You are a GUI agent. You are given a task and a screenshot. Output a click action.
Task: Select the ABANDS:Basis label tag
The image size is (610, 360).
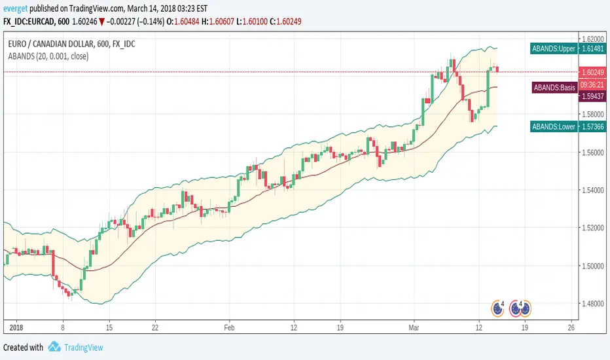pyautogui.click(x=554, y=87)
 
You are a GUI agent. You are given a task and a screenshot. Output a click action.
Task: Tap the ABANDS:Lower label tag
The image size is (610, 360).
pyautogui.click(x=553, y=126)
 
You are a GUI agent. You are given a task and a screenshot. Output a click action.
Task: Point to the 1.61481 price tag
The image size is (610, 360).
pyautogui.click(x=592, y=48)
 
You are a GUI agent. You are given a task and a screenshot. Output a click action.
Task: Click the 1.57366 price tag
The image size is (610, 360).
pyautogui.click(x=592, y=126)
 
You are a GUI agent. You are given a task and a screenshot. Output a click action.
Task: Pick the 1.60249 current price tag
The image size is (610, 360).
pyautogui.click(x=592, y=72)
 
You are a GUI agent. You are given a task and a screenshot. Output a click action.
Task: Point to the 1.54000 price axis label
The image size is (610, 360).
pyautogui.click(x=591, y=190)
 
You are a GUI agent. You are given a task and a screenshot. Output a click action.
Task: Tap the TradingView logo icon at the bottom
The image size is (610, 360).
pyautogui.click(x=55, y=348)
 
